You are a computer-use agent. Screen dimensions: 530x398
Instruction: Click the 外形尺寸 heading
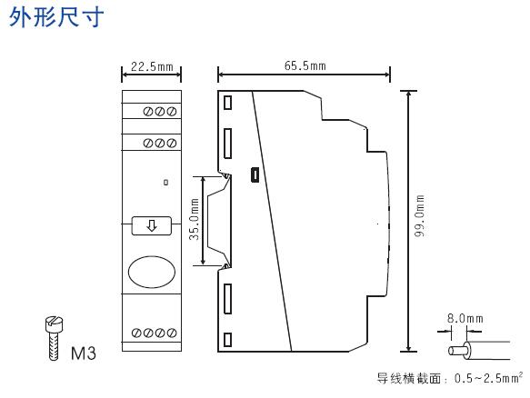56,17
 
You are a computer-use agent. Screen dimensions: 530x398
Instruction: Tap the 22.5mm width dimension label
152,66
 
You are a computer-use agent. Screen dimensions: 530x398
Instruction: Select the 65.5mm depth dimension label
305,65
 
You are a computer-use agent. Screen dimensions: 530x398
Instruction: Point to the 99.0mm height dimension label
419,215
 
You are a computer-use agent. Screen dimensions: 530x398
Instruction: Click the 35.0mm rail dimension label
194,220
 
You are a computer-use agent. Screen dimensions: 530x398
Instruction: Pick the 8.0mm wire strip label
465,318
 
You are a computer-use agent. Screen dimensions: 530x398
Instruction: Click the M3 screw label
84,353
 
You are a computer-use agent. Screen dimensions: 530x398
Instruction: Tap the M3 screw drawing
54,338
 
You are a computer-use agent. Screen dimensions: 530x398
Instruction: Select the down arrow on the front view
152,225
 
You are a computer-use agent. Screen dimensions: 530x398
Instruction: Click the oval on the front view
152,272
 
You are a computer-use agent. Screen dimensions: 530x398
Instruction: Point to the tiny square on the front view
166,183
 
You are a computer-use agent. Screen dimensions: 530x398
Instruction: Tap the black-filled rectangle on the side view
255,174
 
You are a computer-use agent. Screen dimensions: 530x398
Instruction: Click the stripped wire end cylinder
455,351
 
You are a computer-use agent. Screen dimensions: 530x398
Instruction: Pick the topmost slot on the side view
228,103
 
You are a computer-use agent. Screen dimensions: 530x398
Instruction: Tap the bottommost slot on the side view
228,340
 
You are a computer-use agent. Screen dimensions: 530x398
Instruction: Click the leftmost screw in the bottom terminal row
136,333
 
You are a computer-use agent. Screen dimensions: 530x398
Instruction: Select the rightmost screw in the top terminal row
172,112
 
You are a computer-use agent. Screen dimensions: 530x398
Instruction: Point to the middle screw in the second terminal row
160,144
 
